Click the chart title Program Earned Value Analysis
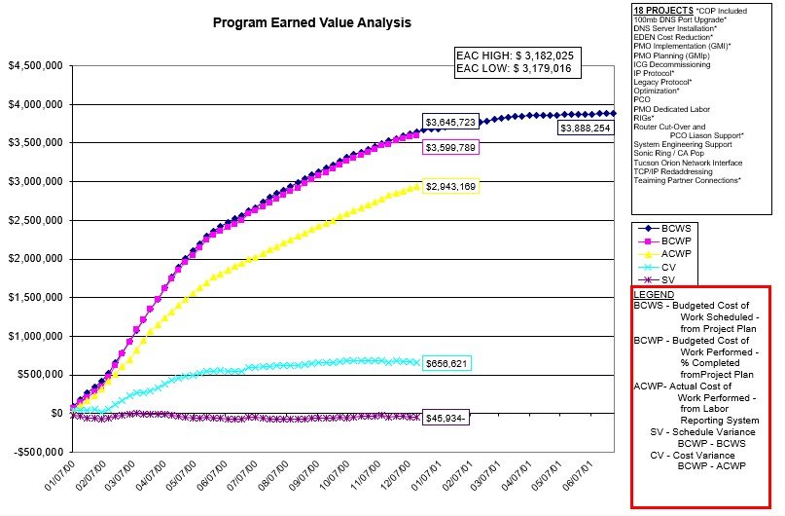[311, 21]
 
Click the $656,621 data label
[446, 362]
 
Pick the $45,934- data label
[446, 417]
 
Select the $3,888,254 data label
[585, 128]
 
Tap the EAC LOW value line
[514, 70]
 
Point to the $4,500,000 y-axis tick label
[36, 66]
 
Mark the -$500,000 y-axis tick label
[34, 452]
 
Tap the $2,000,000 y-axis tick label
[36, 259]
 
